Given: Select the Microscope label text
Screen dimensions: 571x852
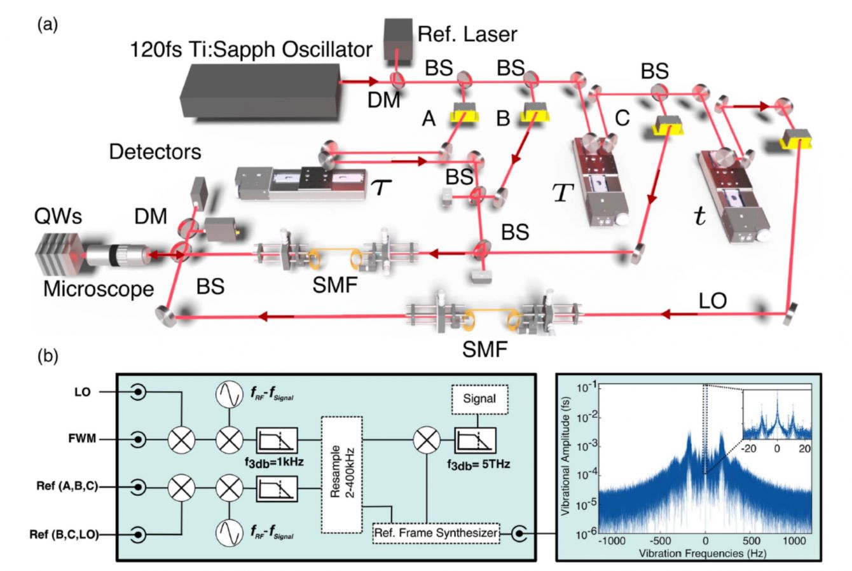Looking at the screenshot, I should point(99,289).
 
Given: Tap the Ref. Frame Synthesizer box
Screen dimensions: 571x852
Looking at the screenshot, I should point(436,532).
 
